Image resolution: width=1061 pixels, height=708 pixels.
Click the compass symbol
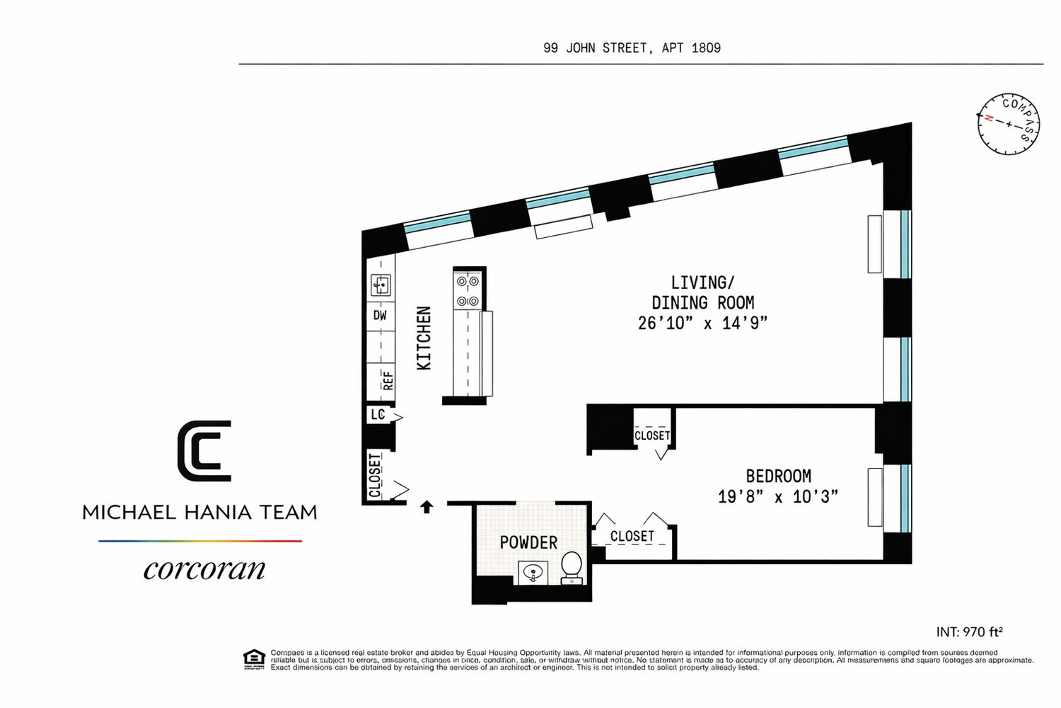click(x=1009, y=124)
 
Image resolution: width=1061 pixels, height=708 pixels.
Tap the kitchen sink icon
click(x=381, y=285)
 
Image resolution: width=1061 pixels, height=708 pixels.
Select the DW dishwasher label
click(x=381, y=316)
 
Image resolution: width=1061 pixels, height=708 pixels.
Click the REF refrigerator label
click(x=387, y=381)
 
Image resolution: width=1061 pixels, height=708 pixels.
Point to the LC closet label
click(x=378, y=414)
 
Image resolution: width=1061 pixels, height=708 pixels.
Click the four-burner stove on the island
click(x=468, y=290)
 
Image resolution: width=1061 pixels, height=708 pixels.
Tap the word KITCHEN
click(x=424, y=338)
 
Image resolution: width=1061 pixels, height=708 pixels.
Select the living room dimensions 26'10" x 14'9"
click(x=702, y=324)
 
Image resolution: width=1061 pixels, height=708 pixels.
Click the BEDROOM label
click(x=778, y=476)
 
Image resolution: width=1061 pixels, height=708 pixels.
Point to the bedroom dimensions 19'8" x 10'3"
click(x=778, y=497)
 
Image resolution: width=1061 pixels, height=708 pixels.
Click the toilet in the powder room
click(x=572, y=568)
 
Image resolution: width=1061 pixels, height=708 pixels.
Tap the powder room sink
click(x=533, y=572)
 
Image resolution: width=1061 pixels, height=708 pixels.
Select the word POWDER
click(x=528, y=543)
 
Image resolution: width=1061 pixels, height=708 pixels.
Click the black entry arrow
click(x=427, y=507)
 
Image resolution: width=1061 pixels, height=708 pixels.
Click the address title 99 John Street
click(x=632, y=48)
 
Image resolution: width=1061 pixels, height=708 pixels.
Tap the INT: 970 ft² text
click(x=969, y=632)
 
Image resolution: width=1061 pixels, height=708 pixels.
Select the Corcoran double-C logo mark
click(x=204, y=451)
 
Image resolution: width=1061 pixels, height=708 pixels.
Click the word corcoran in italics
click(x=204, y=569)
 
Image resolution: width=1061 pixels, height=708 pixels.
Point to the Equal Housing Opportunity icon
click(x=254, y=659)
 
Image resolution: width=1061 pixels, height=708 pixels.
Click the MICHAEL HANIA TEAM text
click(x=199, y=513)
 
